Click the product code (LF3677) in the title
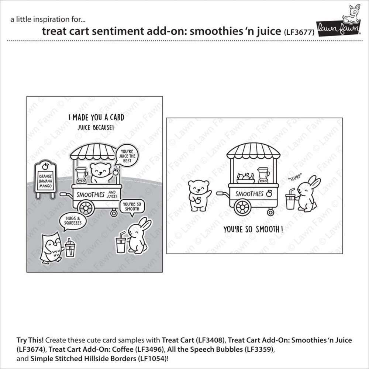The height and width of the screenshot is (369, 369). pos(299,32)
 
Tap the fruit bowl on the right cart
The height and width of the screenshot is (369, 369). pos(245,178)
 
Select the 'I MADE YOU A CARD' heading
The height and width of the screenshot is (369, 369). pos(97,118)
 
